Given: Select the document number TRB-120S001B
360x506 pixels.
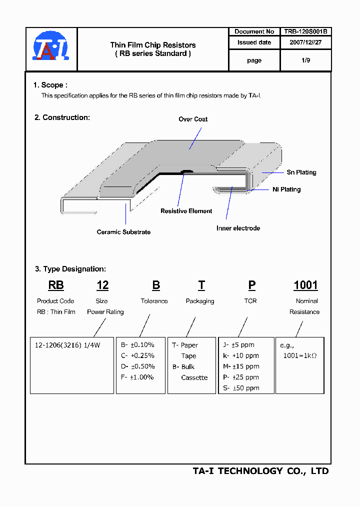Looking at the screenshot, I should [305, 31].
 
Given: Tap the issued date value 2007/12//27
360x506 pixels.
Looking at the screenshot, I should [305, 43].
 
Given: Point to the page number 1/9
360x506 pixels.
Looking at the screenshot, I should [305, 60].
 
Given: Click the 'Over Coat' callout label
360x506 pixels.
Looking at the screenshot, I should [193, 119].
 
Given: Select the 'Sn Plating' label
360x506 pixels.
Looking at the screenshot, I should [301, 172].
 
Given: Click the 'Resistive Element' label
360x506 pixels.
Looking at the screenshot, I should [186, 211].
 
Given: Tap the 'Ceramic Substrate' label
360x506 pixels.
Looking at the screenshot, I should [123, 232].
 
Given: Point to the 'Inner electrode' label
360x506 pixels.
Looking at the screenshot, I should [238, 228].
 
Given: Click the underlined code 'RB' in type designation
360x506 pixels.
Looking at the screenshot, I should [56, 285].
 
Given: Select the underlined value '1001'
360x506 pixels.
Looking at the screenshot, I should [305, 285].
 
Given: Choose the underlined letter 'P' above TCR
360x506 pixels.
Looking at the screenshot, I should [252, 285].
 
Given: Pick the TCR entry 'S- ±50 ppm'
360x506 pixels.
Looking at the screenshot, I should [241, 388].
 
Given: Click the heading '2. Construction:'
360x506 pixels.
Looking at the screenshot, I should [62, 117].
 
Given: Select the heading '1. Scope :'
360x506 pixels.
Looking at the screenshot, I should [50, 85].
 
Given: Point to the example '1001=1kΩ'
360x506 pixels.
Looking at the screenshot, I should [300, 356].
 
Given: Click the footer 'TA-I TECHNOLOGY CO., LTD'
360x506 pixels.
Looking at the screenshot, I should [260, 471].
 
